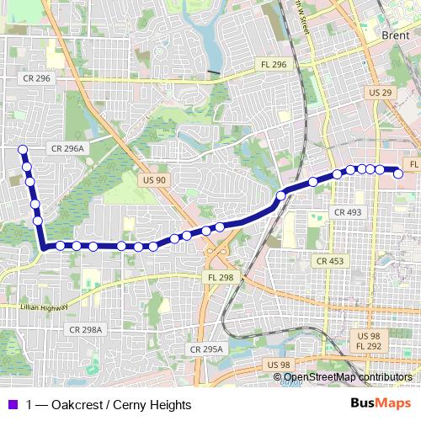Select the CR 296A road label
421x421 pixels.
tap(67, 147)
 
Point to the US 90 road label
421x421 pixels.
tap(154, 180)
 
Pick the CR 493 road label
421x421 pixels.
tap(348, 212)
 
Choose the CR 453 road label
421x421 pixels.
tap(331, 261)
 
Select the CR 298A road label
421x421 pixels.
tap(86, 329)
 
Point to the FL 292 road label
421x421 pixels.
tap(370, 346)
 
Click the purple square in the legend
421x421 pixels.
tap(12, 405)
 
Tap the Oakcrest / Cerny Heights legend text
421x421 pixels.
tap(109, 405)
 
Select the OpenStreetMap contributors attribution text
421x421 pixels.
tap(348, 377)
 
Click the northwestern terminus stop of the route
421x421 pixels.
tap(23, 150)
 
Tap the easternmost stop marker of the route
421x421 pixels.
tap(398, 174)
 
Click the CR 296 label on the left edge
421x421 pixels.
tap(34, 77)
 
